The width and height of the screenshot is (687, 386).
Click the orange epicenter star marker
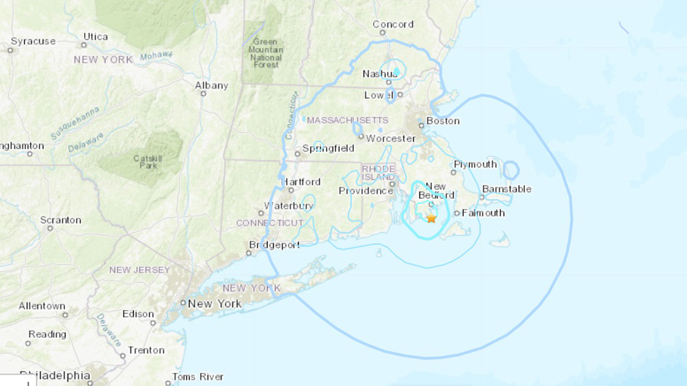point(431,218)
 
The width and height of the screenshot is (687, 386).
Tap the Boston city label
point(443,121)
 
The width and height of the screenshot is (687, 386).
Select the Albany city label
point(211,85)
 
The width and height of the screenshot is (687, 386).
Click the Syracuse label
point(33,41)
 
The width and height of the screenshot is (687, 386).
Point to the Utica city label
point(95,37)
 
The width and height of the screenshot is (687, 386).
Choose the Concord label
point(393,24)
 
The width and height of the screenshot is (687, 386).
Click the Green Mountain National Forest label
point(266,53)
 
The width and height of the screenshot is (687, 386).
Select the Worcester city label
point(390,138)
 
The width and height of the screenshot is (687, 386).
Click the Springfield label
point(328,149)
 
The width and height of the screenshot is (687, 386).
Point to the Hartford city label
point(301,182)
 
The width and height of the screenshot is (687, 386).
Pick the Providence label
point(365,191)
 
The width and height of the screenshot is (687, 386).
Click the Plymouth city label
point(475,164)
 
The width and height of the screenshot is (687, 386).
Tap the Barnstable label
point(507,189)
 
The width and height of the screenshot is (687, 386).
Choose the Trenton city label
point(146,350)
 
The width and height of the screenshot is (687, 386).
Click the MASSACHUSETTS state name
point(348,121)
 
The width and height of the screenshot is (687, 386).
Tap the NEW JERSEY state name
point(140,270)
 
